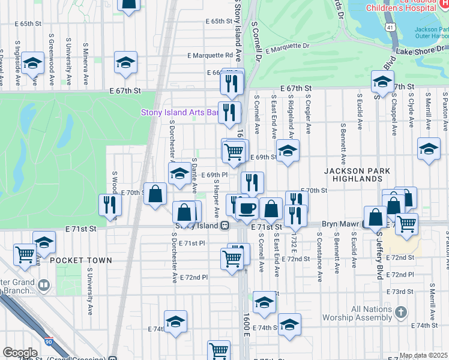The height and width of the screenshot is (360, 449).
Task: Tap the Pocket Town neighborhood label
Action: tap(81, 260)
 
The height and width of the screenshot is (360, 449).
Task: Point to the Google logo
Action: tap(20, 353)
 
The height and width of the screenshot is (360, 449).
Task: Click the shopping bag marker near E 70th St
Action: tap(155, 194)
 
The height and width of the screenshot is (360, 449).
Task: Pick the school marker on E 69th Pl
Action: tap(179, 174)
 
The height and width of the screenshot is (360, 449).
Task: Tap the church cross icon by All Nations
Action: tap(402, 313)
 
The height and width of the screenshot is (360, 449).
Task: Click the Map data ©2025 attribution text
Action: tap(423, 355)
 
